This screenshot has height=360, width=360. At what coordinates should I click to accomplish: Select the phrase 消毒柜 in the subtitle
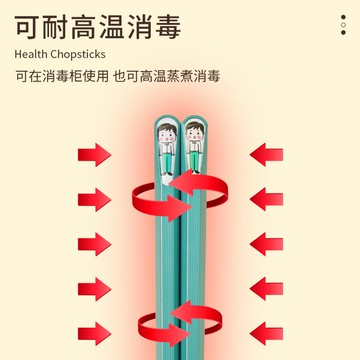tap(58, 76)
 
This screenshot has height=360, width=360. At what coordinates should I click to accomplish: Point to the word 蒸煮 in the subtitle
tap(178, 76)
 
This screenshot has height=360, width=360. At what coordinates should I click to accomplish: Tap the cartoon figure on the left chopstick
tap(165, 142)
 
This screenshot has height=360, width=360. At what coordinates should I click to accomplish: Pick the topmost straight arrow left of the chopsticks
tap(95, 154)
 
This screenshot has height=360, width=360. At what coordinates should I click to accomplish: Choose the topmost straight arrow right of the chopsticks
tap(267, 154)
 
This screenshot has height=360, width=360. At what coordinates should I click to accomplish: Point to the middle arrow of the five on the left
tap(95, 244)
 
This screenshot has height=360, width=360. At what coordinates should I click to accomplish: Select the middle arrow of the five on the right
tap(267, 244)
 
